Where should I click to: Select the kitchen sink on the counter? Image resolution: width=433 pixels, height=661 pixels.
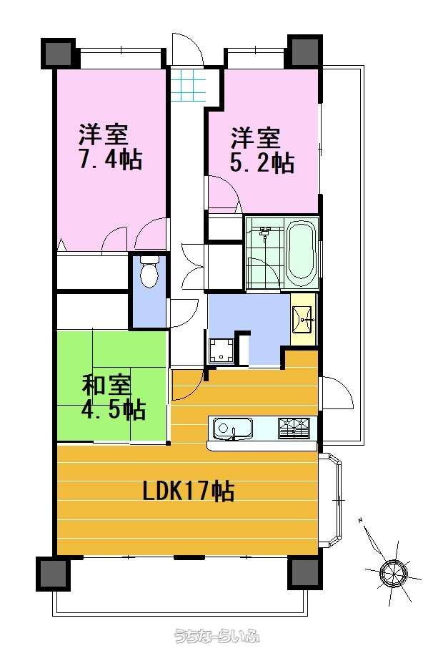coord(232,429)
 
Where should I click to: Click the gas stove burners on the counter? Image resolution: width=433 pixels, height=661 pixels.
coord(294,428)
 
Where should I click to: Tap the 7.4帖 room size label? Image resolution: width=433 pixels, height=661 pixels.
coord(111,159)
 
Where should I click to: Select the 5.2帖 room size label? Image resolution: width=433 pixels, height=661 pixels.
coord(262,162)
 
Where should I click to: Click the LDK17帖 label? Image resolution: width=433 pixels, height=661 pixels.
coord(189,491)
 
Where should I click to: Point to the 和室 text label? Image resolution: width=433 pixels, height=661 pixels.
coord(107,384)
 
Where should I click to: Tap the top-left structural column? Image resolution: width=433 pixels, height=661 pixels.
coord(58,53)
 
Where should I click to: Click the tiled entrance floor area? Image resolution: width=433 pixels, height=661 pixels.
coord(189,86)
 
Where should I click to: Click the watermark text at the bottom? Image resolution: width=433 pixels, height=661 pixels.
coord(216,636)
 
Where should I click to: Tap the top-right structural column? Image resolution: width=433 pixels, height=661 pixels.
coord(305,51)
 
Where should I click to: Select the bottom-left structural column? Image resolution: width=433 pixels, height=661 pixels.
coord(54,574)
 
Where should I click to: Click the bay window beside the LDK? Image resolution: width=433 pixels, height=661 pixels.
coord(331,500)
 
